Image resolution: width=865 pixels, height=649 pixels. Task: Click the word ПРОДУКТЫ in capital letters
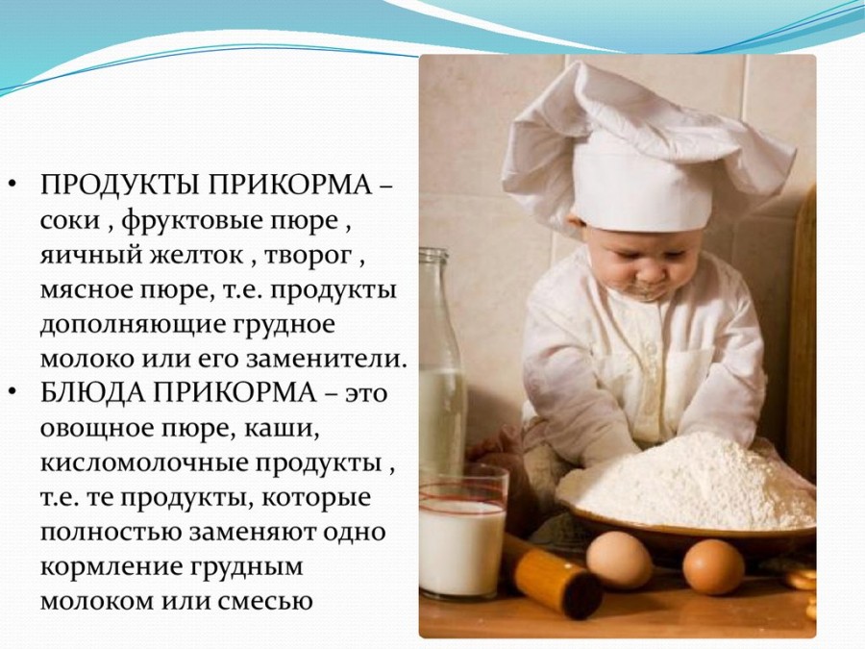point(120,186)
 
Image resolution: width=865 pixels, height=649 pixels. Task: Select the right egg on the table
point(714,566)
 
